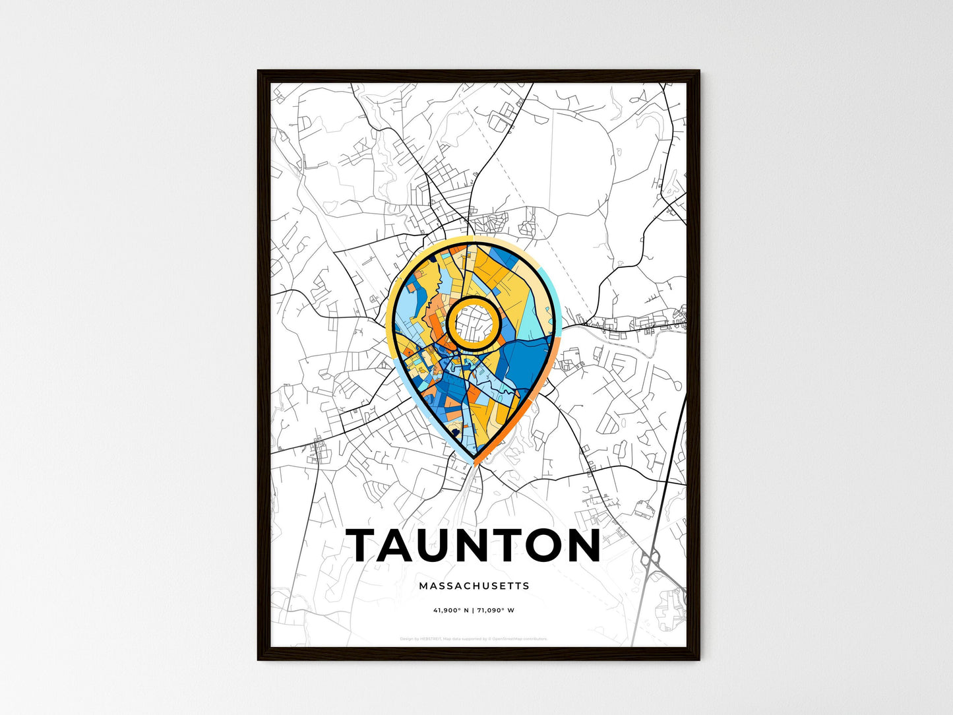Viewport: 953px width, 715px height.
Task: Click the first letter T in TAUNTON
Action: point(365,545)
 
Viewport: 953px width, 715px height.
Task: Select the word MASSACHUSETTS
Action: point(474,586)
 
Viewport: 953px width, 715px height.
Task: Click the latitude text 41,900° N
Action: point(450,610)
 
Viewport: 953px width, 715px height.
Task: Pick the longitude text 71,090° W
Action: point(497,610)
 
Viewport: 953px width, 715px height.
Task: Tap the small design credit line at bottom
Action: point(474,638)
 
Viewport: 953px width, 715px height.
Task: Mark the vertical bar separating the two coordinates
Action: point(473,610)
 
